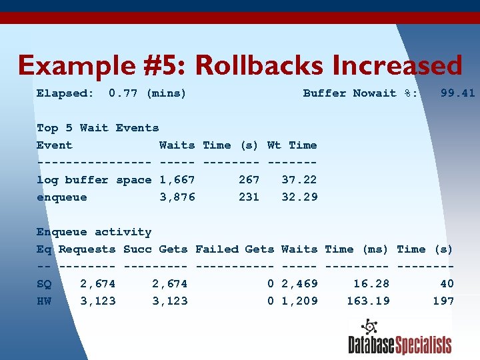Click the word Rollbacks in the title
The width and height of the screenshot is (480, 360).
click(x=259, y=66)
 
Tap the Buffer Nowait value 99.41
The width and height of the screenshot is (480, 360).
click(x=458, y=93)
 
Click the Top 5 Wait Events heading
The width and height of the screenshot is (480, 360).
click(x=98, y=128)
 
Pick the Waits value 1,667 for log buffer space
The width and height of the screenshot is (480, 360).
click(x=177, y=180)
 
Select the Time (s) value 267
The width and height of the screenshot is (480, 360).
click(x=249, y=180)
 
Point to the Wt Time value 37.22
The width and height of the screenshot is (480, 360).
click(x=299, y=180)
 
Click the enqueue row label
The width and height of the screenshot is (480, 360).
click(x=61, y=197)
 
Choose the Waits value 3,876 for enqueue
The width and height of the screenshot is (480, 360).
click(x=177, y=197)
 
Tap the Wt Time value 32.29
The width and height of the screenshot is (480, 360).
click(x=299, y=197)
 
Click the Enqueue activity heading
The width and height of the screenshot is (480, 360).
click(x=94, y=232)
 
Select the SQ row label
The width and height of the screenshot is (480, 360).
click(x=44, y=284)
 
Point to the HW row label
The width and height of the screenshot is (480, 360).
click(x=44, y=301)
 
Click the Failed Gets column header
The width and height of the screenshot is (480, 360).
click(x=235, y=249)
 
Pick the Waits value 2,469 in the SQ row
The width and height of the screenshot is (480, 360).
click(x=299, y=284)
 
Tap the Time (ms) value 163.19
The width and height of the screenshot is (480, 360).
click(x=368, y=301)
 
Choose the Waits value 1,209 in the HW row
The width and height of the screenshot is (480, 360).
click(x=299, y=301)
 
